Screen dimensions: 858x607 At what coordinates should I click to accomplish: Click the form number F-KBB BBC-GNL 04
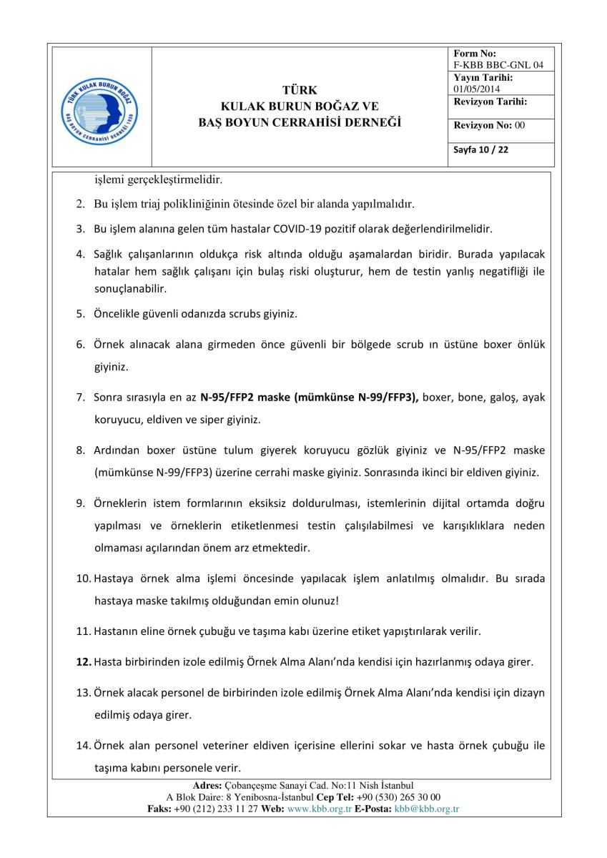[x=498, y=65]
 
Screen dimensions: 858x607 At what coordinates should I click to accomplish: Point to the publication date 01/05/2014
[x=477, y=89]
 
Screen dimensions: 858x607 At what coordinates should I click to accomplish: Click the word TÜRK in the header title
[x=300, y=90]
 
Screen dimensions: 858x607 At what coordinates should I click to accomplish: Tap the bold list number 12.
[x=83, y=662]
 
